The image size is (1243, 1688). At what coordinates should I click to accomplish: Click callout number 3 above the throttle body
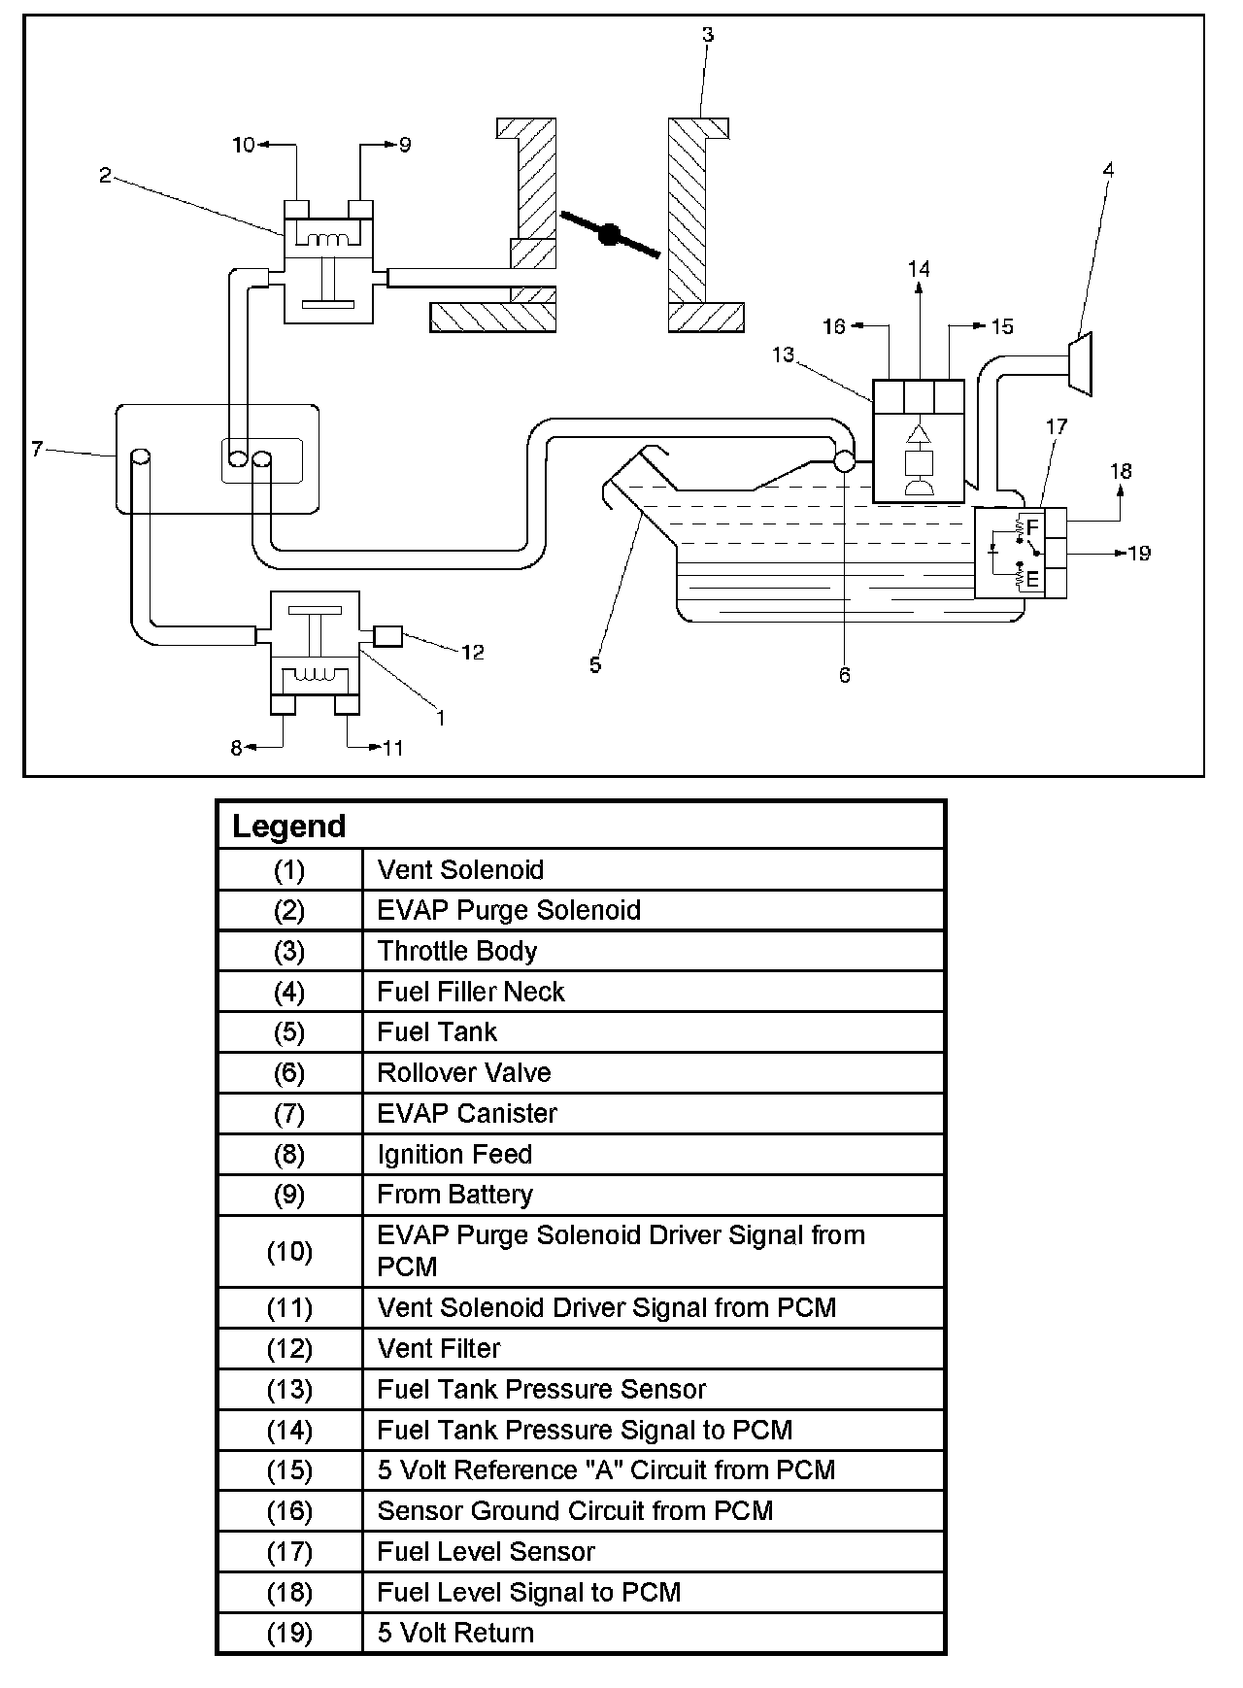tap(708, 35)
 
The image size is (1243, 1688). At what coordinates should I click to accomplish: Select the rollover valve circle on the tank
tap(844, 461)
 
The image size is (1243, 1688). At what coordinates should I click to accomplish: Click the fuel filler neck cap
tap(1081, 363)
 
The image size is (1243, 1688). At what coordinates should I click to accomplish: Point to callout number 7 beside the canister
tap(37, 449)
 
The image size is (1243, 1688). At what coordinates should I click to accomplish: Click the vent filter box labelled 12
tap(387, 636)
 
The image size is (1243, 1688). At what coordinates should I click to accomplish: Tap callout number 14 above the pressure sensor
tap(919, 268)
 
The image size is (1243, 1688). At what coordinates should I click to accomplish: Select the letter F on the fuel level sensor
tap(1031, 527)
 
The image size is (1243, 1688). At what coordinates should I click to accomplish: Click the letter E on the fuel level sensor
tap(1031, 580)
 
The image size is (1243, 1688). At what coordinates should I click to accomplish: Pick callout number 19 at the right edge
tap(1139, 553)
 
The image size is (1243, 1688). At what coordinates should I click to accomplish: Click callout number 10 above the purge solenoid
tap(244, 145)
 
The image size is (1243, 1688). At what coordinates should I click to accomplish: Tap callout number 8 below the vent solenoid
tap(236, 748)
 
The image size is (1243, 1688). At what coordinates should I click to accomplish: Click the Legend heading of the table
tap(288, 827)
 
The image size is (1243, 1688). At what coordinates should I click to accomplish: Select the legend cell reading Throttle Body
tap(456, 951)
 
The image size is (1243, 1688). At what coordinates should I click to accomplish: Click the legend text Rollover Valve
tap(463, 1072)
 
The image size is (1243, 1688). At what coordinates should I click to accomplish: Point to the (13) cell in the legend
tap(289, 1390)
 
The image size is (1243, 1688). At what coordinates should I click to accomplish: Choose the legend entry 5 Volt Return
tap(455, 1633)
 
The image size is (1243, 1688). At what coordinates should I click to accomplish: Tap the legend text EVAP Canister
tap(467, 1113)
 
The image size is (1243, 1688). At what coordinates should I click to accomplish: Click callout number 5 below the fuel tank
tap(595, 665)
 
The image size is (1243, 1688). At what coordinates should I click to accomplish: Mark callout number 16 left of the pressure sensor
tap(834, 326)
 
